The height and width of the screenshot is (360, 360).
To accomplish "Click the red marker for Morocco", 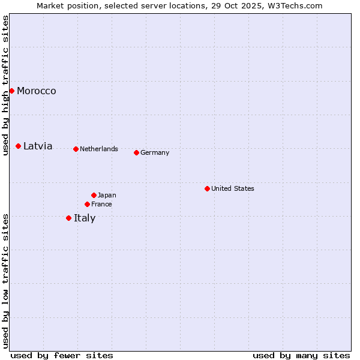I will pos(11,91).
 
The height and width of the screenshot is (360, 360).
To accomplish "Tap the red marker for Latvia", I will pos(19,146).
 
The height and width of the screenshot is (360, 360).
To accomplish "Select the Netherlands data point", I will pos(76,149).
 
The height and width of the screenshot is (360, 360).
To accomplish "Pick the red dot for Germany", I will pos(136,152).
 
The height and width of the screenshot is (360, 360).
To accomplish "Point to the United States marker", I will pos(207,188).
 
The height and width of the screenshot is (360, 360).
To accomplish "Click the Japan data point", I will pos(94,195).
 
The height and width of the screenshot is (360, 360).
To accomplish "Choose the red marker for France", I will pos(87,204).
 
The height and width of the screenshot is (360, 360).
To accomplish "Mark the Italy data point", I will pos(68,218).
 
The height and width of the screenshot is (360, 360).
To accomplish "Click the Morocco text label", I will pos(37,91).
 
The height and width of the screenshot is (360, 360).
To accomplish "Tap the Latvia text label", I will pos(38,146).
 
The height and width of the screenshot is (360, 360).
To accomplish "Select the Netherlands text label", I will pos(99,149).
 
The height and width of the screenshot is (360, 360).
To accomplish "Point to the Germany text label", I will pos(155,153).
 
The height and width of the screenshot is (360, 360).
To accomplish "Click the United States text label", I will pos(233,189).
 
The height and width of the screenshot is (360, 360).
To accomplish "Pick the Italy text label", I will pos(85,218).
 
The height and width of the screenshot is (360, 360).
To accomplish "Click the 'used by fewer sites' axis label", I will pos(62,356).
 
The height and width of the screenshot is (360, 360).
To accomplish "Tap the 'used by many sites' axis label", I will pos(301,356).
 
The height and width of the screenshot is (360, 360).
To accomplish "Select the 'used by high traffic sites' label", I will pos(6,86).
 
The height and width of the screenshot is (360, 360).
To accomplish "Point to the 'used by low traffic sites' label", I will pos(6,281).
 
